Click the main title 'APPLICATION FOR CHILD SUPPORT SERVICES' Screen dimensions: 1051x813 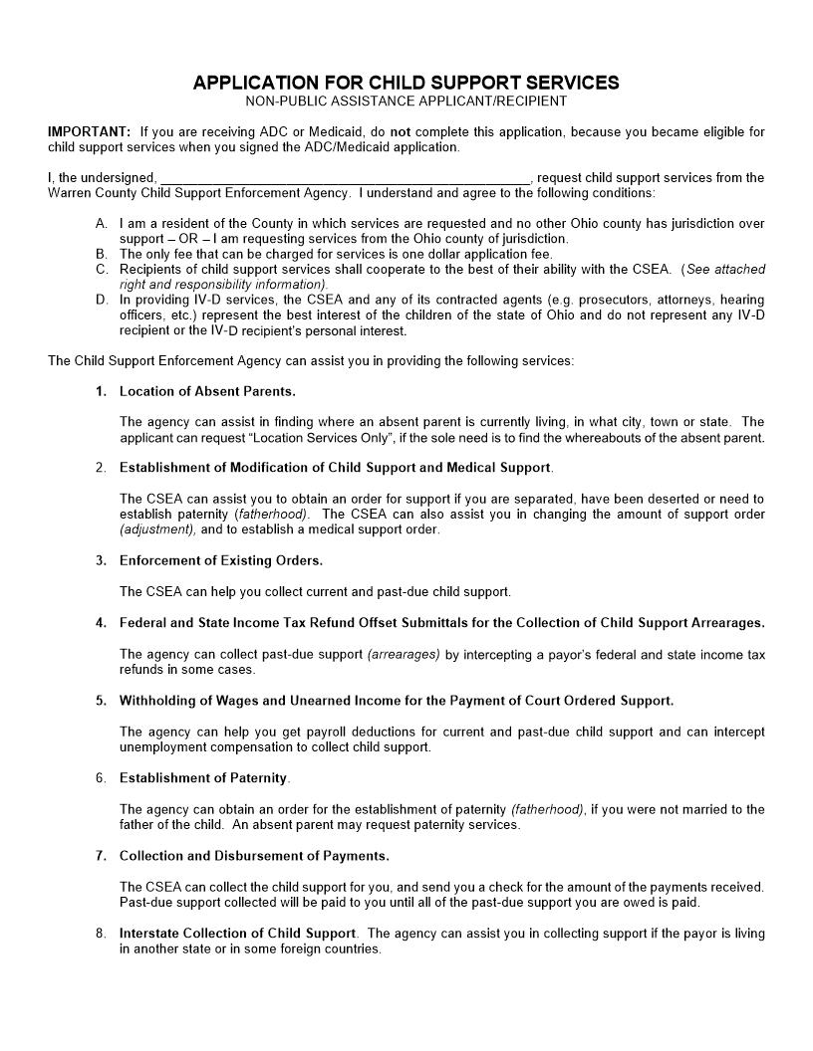click(406, 83)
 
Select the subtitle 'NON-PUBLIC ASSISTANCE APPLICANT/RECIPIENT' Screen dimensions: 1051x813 click(406, 101)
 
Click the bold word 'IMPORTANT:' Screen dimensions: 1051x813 click(89, 132)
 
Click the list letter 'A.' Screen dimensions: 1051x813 click(102, 224)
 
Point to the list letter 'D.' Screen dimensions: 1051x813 click(102, 300)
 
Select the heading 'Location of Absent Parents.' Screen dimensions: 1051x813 click(207, 391)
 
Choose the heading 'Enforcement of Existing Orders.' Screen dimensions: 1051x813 click(221, 561)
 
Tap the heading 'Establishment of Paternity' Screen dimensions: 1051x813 click(203, 778)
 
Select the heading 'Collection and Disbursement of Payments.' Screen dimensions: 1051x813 click(254, 856)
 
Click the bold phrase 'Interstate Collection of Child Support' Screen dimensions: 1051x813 click(237, 934)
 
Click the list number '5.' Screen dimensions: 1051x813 click(102, 701)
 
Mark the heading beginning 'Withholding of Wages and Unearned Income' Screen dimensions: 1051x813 click(397, 701)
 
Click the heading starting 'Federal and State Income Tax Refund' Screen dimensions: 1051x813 click(441, 623)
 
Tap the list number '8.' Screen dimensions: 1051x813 click(102, 934)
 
